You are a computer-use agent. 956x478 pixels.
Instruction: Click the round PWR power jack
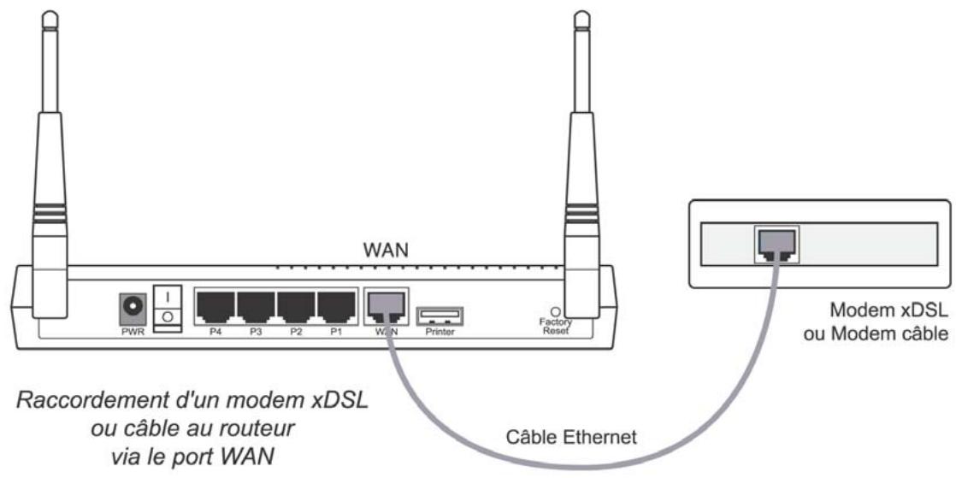point(133,305)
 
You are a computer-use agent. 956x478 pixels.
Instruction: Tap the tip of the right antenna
point(581,17)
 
